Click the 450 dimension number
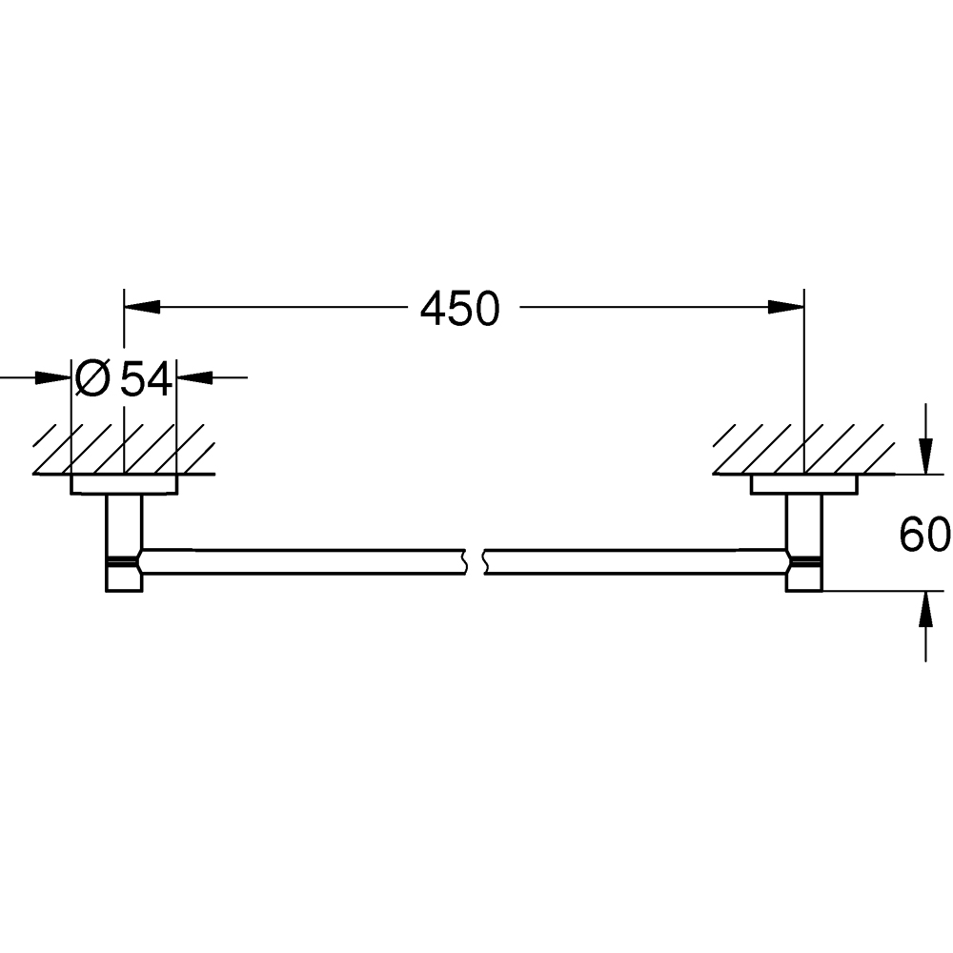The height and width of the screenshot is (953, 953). point(460,309)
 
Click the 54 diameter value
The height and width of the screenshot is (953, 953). point(146,380)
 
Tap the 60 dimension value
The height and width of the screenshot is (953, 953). point(924,536)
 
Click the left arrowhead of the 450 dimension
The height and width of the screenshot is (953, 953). point(141,306)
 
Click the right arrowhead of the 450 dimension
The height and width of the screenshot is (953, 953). point(787,306)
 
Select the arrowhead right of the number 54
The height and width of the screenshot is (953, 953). point(193,377)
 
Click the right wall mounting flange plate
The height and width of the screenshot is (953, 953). point(804,485)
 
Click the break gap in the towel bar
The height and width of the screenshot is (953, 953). point(476,561)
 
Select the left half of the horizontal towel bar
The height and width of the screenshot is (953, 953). point(305,561)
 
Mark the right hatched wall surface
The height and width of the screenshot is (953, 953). point(804,448)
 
